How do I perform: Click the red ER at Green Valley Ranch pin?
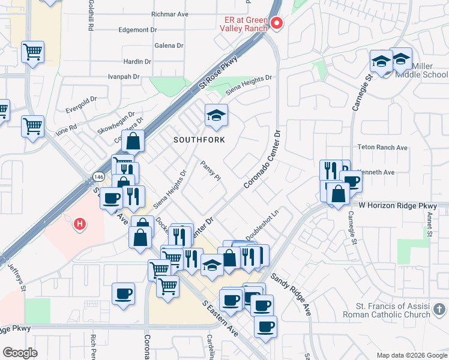click(277, 23)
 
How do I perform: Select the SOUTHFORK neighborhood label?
click(199, 140)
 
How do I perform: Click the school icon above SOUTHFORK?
click(216, 115)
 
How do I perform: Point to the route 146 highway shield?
click(99, 176)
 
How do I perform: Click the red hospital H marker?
click(79, 225)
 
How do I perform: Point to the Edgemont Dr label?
click(137, 29)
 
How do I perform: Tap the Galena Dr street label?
click(169, 46)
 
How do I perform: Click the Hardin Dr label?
click(137, 61)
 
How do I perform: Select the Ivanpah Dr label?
click(123, 77)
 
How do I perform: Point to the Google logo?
click(20, 353)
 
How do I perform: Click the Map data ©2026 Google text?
click(412, 355)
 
